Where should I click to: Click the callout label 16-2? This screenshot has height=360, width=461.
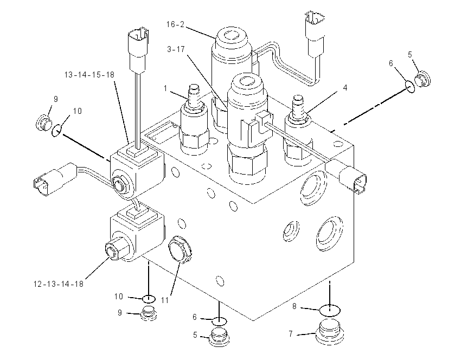coord(175,24)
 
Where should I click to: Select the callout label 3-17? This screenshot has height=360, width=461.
coord(176,49)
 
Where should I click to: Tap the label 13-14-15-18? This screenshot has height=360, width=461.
coord(89,75)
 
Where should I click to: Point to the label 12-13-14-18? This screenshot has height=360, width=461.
coord(59,284)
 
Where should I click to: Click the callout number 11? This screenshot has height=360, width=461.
coord(165,300)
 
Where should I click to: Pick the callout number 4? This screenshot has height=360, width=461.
coord(345,88)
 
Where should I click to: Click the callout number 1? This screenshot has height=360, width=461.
coord(165,88)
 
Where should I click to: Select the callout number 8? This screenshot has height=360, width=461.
coord(294,306)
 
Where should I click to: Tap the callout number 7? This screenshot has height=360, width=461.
coord(291,334)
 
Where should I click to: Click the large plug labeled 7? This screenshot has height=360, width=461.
coord(330,332)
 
